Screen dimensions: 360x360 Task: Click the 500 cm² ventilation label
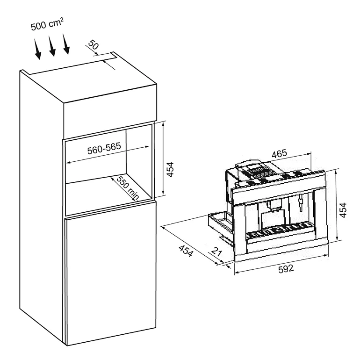47,24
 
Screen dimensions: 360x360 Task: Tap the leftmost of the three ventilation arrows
38,49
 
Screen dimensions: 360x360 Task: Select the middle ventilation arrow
52,46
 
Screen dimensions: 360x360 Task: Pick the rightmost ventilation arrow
66,43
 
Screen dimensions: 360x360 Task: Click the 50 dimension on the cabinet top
94,45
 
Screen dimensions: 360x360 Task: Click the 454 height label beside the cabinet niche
170,169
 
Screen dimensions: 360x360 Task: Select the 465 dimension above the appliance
279,154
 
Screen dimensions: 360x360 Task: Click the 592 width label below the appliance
286,269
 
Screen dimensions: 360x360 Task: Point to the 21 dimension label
216,252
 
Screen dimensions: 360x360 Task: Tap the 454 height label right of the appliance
343,210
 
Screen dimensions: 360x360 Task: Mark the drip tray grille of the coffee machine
279,230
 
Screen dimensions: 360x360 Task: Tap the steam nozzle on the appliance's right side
300,203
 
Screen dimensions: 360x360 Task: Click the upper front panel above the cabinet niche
110,112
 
